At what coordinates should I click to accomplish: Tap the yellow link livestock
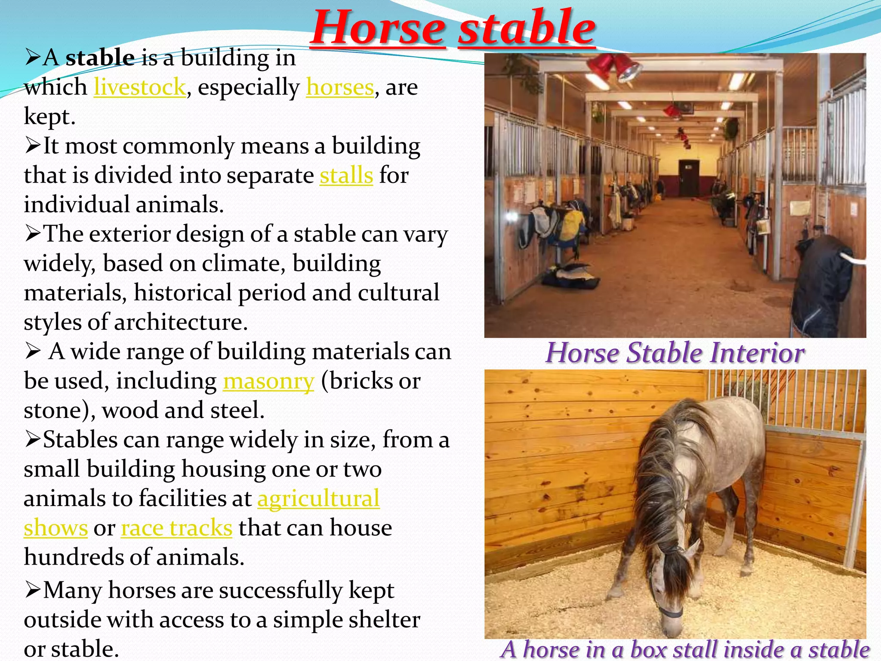[140, 87]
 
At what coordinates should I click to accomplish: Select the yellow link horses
[340, 87]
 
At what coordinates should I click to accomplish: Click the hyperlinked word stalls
[346, 176]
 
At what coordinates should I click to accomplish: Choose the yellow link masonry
[268, 381]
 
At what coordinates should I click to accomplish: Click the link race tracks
[176, 528]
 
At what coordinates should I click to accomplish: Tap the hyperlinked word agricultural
[318, 499]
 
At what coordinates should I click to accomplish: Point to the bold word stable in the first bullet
[100, 58]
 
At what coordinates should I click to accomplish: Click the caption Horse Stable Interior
[675, 353]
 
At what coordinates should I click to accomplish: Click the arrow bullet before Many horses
[32, 590]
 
